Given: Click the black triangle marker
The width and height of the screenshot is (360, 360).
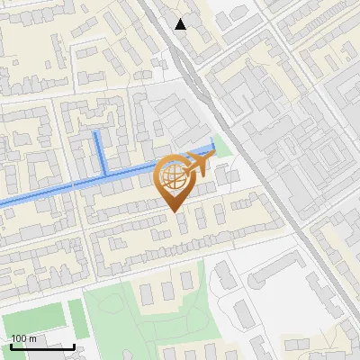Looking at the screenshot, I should [181, 24].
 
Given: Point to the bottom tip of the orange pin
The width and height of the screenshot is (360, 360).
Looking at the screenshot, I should [174, 211].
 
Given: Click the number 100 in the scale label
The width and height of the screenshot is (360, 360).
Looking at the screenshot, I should [18, 338].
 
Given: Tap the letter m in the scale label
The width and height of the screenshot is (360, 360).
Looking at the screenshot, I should [32, 338].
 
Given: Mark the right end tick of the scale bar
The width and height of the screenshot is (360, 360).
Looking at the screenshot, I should [75, 345].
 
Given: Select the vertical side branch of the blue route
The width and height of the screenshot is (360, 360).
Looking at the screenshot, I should [99, 152].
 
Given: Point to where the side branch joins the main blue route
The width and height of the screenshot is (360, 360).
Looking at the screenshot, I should [105, 173].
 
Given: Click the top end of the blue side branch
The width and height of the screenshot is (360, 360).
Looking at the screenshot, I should [96, 132].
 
